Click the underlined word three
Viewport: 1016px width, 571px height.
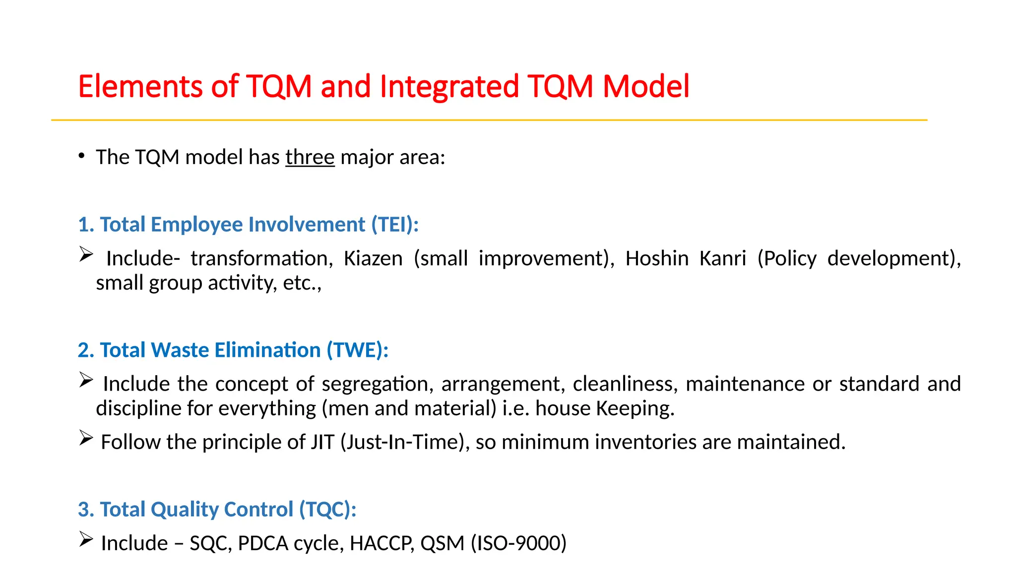[310, 158]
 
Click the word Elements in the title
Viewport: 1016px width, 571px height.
[140, 87]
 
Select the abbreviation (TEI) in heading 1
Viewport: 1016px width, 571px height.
[395, 225]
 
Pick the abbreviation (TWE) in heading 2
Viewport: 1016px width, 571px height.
[357, 350]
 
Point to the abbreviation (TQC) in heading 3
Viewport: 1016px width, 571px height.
[327, 510]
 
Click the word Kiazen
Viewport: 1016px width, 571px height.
[373, 259]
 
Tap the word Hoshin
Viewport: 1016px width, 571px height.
[657, 259]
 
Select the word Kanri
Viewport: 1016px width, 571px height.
[723, 259]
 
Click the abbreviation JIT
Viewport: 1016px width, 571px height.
[322, 442]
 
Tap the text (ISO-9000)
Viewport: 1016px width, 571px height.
[518, 543]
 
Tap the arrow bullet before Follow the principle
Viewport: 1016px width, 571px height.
[86, 438]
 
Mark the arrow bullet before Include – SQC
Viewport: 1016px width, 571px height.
[86, 539]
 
